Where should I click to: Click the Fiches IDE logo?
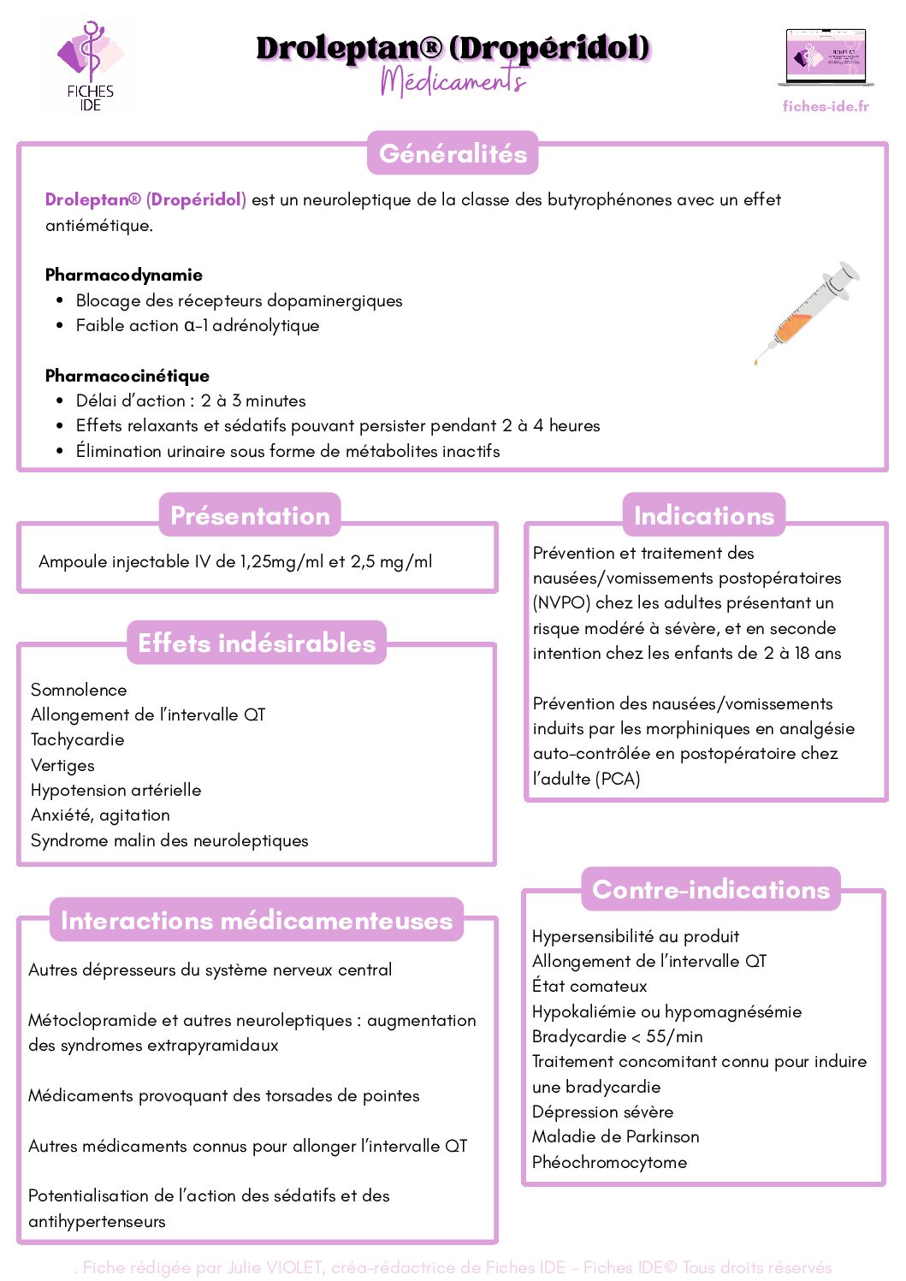[90, 67]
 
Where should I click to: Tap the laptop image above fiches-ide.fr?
[826, 57]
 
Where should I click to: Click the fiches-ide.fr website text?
[826, 106]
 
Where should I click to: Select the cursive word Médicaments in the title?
[453, 81]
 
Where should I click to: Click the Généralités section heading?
[453, 153]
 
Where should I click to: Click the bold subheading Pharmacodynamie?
[124, 275]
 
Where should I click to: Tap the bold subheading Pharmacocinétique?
[127, 376]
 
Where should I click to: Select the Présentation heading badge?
[250, 515]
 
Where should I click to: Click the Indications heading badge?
[703, 515]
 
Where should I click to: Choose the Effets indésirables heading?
[257, 643]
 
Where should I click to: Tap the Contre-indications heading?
[711, 889]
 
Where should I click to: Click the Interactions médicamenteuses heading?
[257, 920]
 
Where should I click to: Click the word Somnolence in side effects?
[79, 690]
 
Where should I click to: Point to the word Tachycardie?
[78, 739]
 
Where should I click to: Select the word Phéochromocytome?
[609, 1162]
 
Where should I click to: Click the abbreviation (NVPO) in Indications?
[561, 602]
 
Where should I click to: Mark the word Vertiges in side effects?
[62, 765]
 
